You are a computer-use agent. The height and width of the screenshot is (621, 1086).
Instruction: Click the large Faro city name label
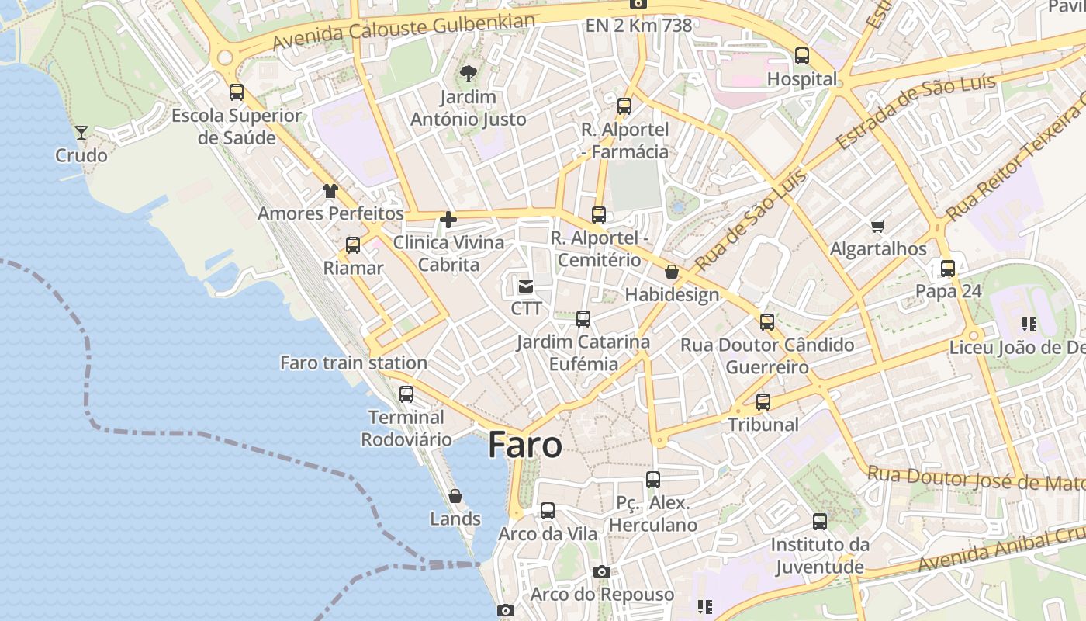point(525,446)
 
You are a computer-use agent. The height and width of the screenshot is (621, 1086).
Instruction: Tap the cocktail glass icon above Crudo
point(81,133)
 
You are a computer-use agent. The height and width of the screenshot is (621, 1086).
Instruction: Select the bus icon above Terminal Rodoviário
point(406,394)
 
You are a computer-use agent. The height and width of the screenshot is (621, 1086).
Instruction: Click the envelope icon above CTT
point(526,286)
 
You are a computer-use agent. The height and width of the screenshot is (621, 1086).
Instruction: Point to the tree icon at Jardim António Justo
point(468,75)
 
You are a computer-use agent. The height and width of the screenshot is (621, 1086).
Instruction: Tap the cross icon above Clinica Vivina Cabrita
point(448,220)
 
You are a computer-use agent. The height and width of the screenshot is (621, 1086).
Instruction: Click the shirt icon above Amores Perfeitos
point(330,191)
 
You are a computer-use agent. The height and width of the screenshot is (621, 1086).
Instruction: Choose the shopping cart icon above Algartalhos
point(878,227)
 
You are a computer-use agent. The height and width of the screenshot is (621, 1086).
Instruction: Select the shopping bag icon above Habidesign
point(672,272)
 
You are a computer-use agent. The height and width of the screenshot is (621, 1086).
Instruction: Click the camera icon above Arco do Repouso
point(601,572)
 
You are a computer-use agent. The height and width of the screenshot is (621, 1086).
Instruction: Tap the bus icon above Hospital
point(802,57)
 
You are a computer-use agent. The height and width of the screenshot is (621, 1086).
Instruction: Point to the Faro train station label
point(353,363)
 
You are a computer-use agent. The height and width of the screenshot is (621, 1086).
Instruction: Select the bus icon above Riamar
point(353,246)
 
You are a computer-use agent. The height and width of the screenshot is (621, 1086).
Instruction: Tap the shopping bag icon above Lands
point(455,496)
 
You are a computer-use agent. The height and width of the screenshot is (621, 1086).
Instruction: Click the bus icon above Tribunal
point(763,402)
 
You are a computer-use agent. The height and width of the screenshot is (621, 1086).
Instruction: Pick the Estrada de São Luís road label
point(915,113)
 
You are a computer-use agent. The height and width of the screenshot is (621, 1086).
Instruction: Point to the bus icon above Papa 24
point(948,269)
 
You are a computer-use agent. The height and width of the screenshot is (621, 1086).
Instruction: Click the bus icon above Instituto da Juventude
point(820,522)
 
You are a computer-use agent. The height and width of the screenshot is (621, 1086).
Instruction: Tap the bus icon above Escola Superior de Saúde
point(237,93)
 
